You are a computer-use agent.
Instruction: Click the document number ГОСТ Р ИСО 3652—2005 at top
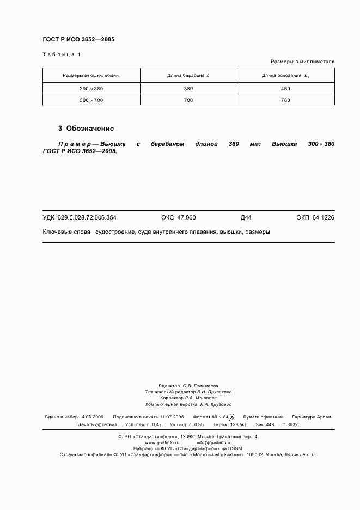(x=78, y=40)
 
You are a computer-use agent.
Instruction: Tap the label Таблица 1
(x=61, y=54)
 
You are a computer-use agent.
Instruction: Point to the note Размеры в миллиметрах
(x=302, y=62)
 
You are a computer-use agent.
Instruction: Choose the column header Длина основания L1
(x=286, y=75)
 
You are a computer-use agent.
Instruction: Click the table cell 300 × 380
(x=91, y=88)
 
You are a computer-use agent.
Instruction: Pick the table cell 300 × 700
(x=91, y=100)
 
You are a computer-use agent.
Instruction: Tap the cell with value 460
(x=285, y=88)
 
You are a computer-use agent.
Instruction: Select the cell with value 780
(x=285, y=100)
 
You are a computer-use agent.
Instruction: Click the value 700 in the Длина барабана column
(x=188, y=100)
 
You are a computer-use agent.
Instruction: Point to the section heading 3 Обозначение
(x=86, y=129)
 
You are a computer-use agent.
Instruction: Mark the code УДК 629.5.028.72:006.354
(x=80, y=217)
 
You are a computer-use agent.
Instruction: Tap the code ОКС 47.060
(x=178, y=217)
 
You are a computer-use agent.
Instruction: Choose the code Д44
(x=246, y=217)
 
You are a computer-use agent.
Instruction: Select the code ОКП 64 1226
(x=315, y=217)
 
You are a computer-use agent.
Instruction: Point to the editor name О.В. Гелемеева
(x=200, y=385)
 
